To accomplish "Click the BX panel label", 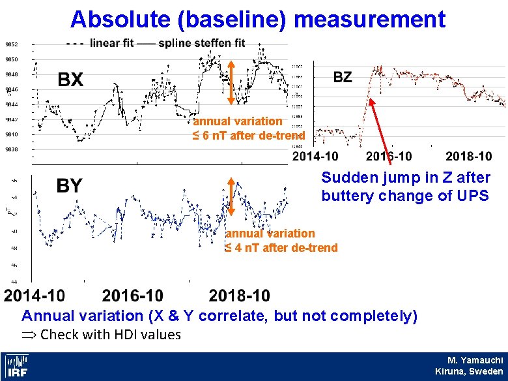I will [71, 80].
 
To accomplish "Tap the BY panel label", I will [69, 186].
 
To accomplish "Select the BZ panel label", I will [343, 77].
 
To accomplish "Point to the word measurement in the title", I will [370, 19].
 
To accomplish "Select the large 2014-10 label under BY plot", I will [35, 296].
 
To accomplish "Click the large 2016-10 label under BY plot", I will [133, 296].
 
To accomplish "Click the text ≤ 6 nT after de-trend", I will [248, 136].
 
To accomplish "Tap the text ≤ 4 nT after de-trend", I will [281, 247].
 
